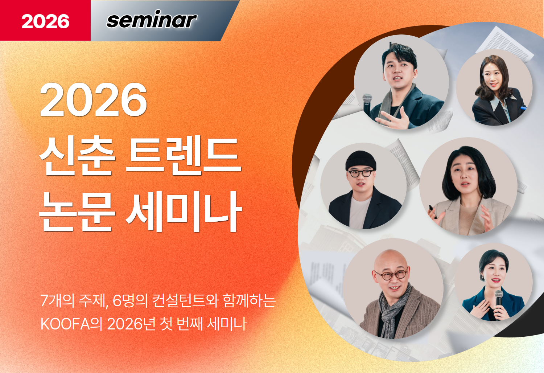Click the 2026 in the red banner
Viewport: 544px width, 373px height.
45,21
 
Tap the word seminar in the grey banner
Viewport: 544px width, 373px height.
152,19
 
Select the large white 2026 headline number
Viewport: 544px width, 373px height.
94,100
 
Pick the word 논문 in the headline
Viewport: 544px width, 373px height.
77,212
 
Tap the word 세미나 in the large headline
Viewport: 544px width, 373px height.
184,212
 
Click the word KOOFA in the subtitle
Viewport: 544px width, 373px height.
65,324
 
